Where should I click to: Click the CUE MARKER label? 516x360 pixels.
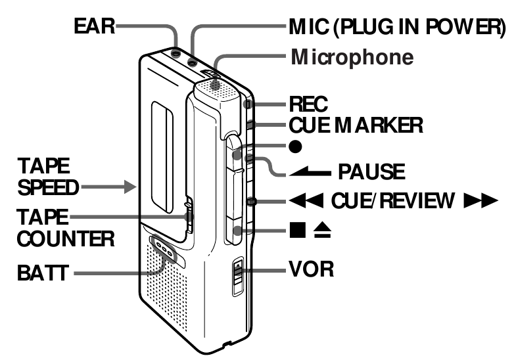pyautogui.click(x=356, y=124)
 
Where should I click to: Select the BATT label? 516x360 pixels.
pyautogui.click(x=41, y=271)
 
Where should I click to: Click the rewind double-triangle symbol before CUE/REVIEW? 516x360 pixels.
pyautogui.click(x=302, y=200)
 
